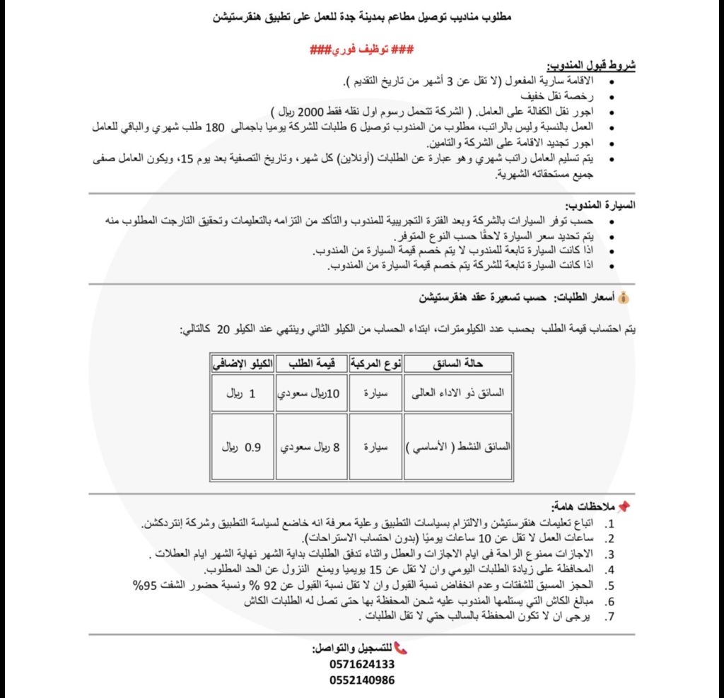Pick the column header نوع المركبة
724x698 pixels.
(375, 363)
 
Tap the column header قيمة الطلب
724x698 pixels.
(311, 363)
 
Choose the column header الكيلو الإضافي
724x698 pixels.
(243, 363)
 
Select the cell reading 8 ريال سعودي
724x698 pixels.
(311, 448)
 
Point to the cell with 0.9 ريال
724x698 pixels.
(243, 448)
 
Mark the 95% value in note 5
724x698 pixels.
(146, 585)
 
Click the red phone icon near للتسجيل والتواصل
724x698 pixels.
(400, 648)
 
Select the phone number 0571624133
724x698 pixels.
(362, 665)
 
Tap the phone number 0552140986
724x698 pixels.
(362, 680)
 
